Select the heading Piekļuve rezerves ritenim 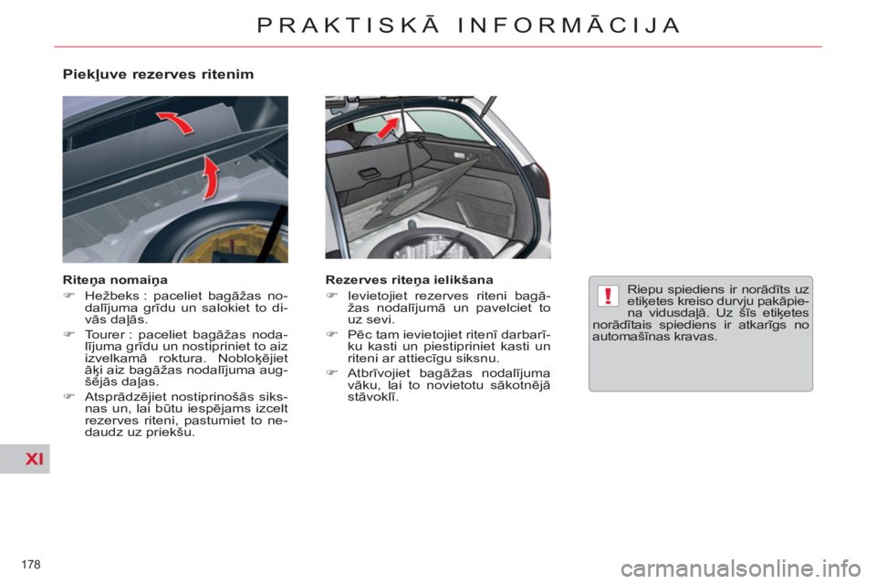point(158,74)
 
